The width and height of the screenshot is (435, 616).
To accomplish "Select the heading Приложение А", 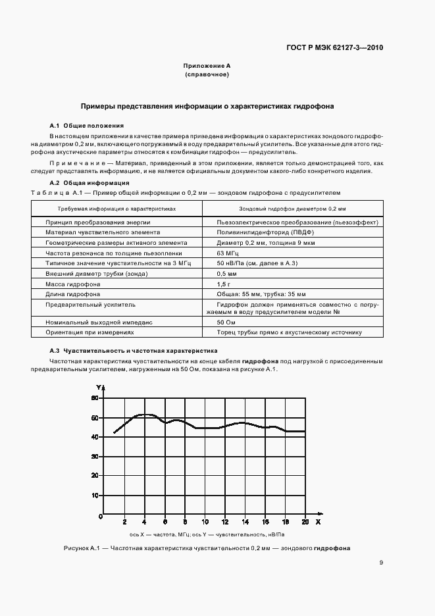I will pos(207,66).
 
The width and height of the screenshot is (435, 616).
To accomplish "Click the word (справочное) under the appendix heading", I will pos(207,75).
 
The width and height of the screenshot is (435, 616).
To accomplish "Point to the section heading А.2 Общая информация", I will pos(90,182).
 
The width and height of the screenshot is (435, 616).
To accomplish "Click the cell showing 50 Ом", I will pos(226,322).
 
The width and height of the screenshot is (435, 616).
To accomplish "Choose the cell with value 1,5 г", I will pos(224,284).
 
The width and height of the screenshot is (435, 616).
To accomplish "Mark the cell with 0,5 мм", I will pos(226,273).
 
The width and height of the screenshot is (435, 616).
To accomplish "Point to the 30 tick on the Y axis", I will pos(94,456).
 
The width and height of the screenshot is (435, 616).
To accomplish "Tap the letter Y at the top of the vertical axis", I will pos(99,386).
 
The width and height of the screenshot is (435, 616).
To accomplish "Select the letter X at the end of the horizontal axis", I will pos(318,522).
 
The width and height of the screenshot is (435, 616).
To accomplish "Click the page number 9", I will pos(381,563).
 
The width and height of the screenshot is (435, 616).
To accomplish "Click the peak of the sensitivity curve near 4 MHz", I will pos(145,415).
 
